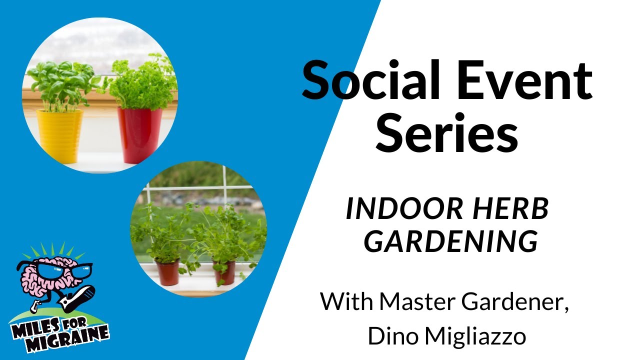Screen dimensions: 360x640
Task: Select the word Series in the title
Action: pyautogui.click(x=446, y=133)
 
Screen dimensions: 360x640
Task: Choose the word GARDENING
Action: pyautogui.click(x=451, y=242)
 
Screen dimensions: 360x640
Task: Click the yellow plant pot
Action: pyautogui.click(x=59, y=135)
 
